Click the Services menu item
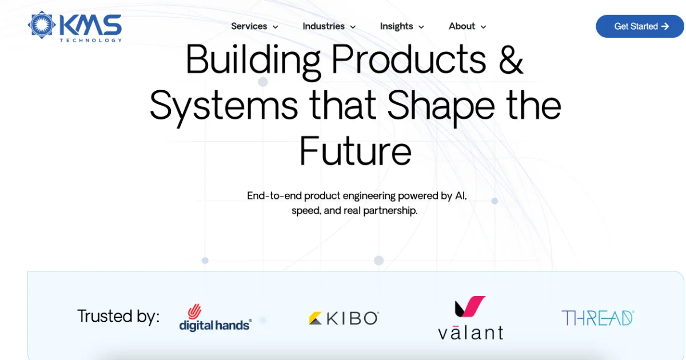[254, 26]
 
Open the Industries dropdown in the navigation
[329, 26]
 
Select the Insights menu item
[402, 27]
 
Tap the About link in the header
[468, 26]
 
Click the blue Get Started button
[640, 26]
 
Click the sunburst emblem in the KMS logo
[42, 25]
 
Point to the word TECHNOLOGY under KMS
[91, 40]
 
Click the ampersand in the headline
[511, 59]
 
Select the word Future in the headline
[355, 151]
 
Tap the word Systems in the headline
[224, 106]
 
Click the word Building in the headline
[253, 61]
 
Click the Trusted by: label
[118, 316]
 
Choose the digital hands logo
[216, 317]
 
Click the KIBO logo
[344, 318]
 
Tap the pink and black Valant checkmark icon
[470, 306]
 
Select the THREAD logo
[597, 318]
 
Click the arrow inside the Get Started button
[665, 26]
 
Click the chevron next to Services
[276, 27]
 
